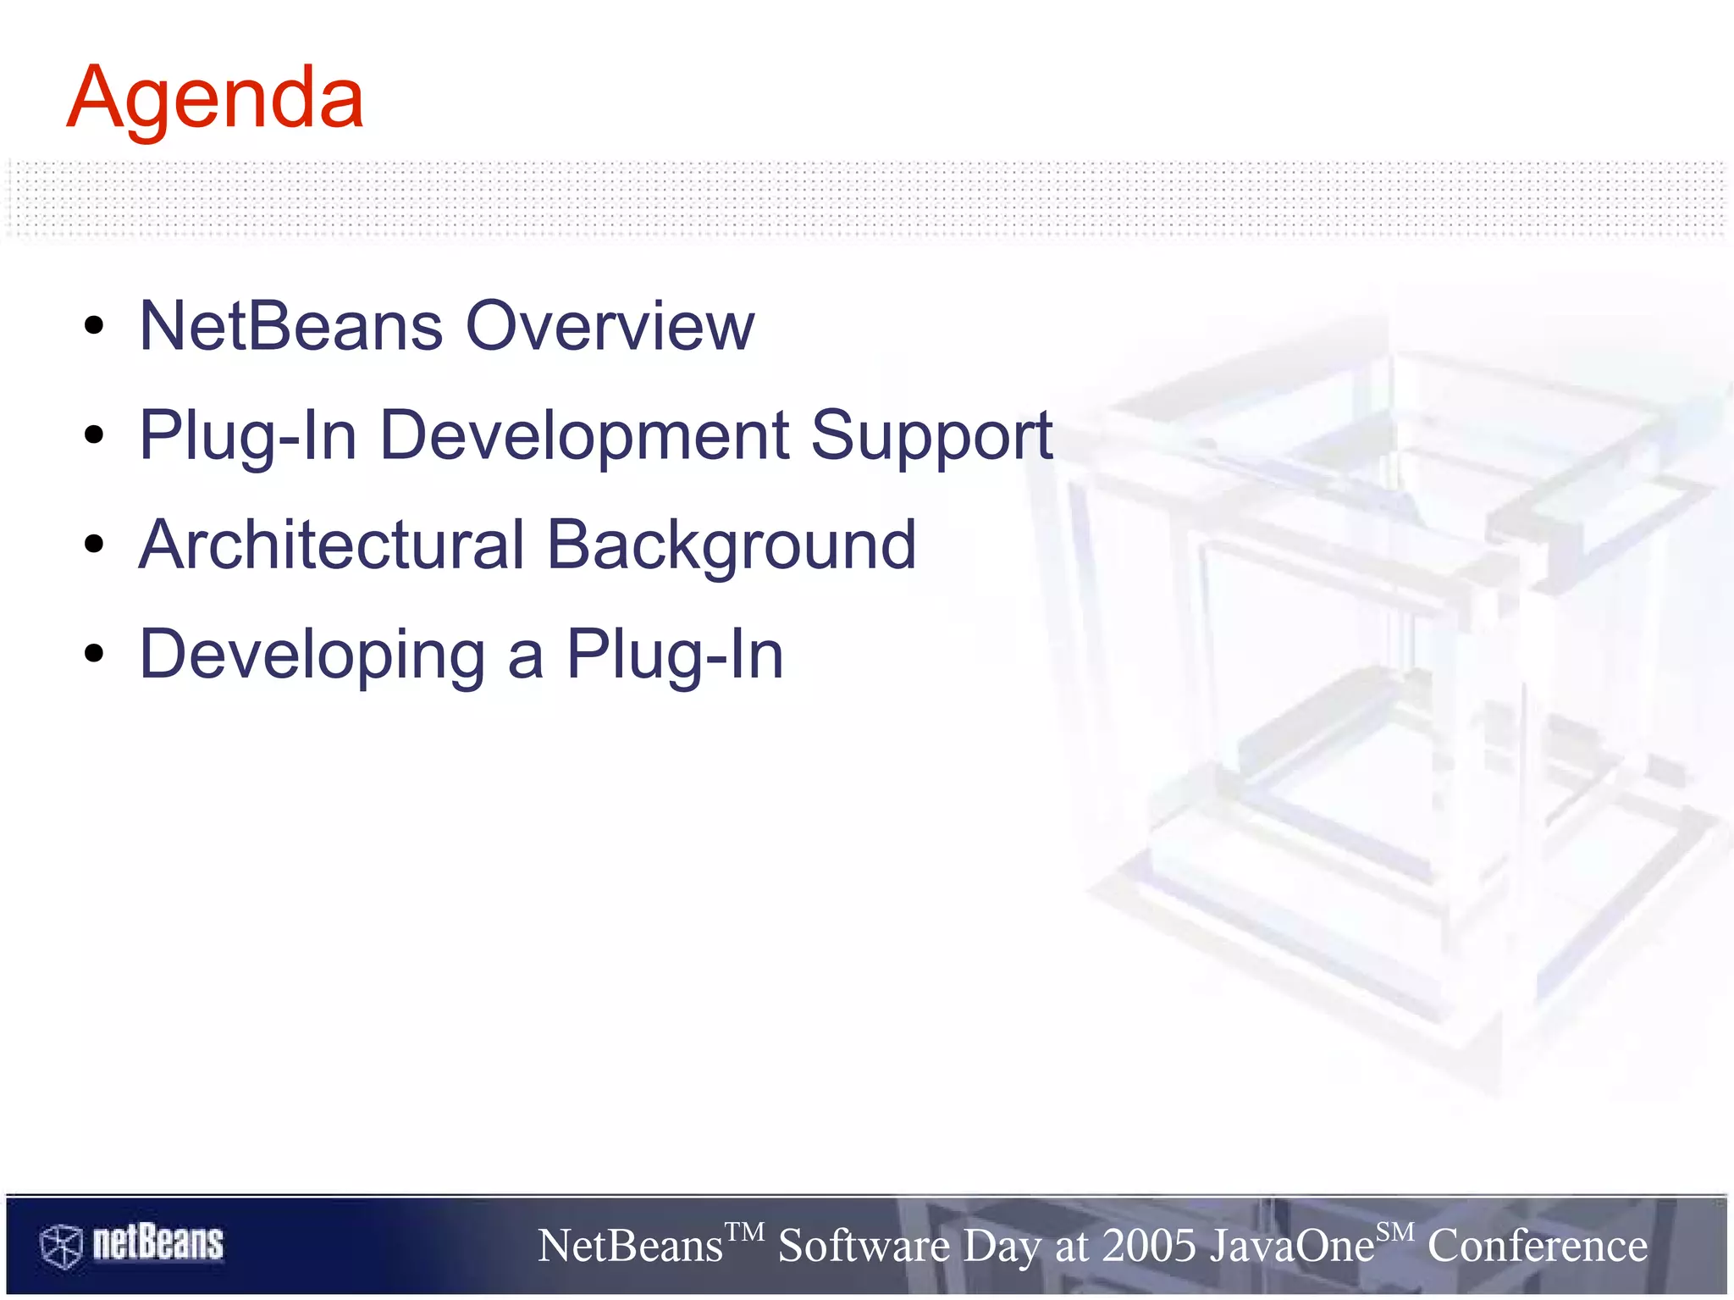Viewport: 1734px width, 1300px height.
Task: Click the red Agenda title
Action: click(215, 100)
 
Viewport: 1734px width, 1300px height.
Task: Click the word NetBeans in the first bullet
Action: click(290, 326)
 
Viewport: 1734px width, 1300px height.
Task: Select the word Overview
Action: click(610, 326)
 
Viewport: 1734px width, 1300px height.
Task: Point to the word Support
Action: click(931, 437)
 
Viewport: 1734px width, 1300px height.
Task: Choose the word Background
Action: click(731, 546)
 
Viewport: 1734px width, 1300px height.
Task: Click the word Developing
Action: click(312, 656)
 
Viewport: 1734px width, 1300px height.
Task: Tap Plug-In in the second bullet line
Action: click(248, 435)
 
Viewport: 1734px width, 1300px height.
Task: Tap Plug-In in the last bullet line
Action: click(675, 654)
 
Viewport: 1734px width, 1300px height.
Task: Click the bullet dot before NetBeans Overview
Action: click(94, 325)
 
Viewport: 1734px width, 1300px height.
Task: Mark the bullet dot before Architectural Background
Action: click(94, 545)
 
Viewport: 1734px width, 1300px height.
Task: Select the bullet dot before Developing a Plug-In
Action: click(94, 654)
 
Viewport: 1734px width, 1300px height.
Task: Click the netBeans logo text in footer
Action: click(157, 1243)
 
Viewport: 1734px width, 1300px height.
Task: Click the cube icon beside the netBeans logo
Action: click(61, 1246)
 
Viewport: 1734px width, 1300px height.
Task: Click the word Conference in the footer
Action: click(1537, 1247)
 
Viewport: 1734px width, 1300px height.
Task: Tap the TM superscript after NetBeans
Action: click(745, 1231)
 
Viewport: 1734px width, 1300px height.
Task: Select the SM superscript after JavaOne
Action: click(1394, 1231)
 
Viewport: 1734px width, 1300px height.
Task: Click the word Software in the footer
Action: click(864, 1247)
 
